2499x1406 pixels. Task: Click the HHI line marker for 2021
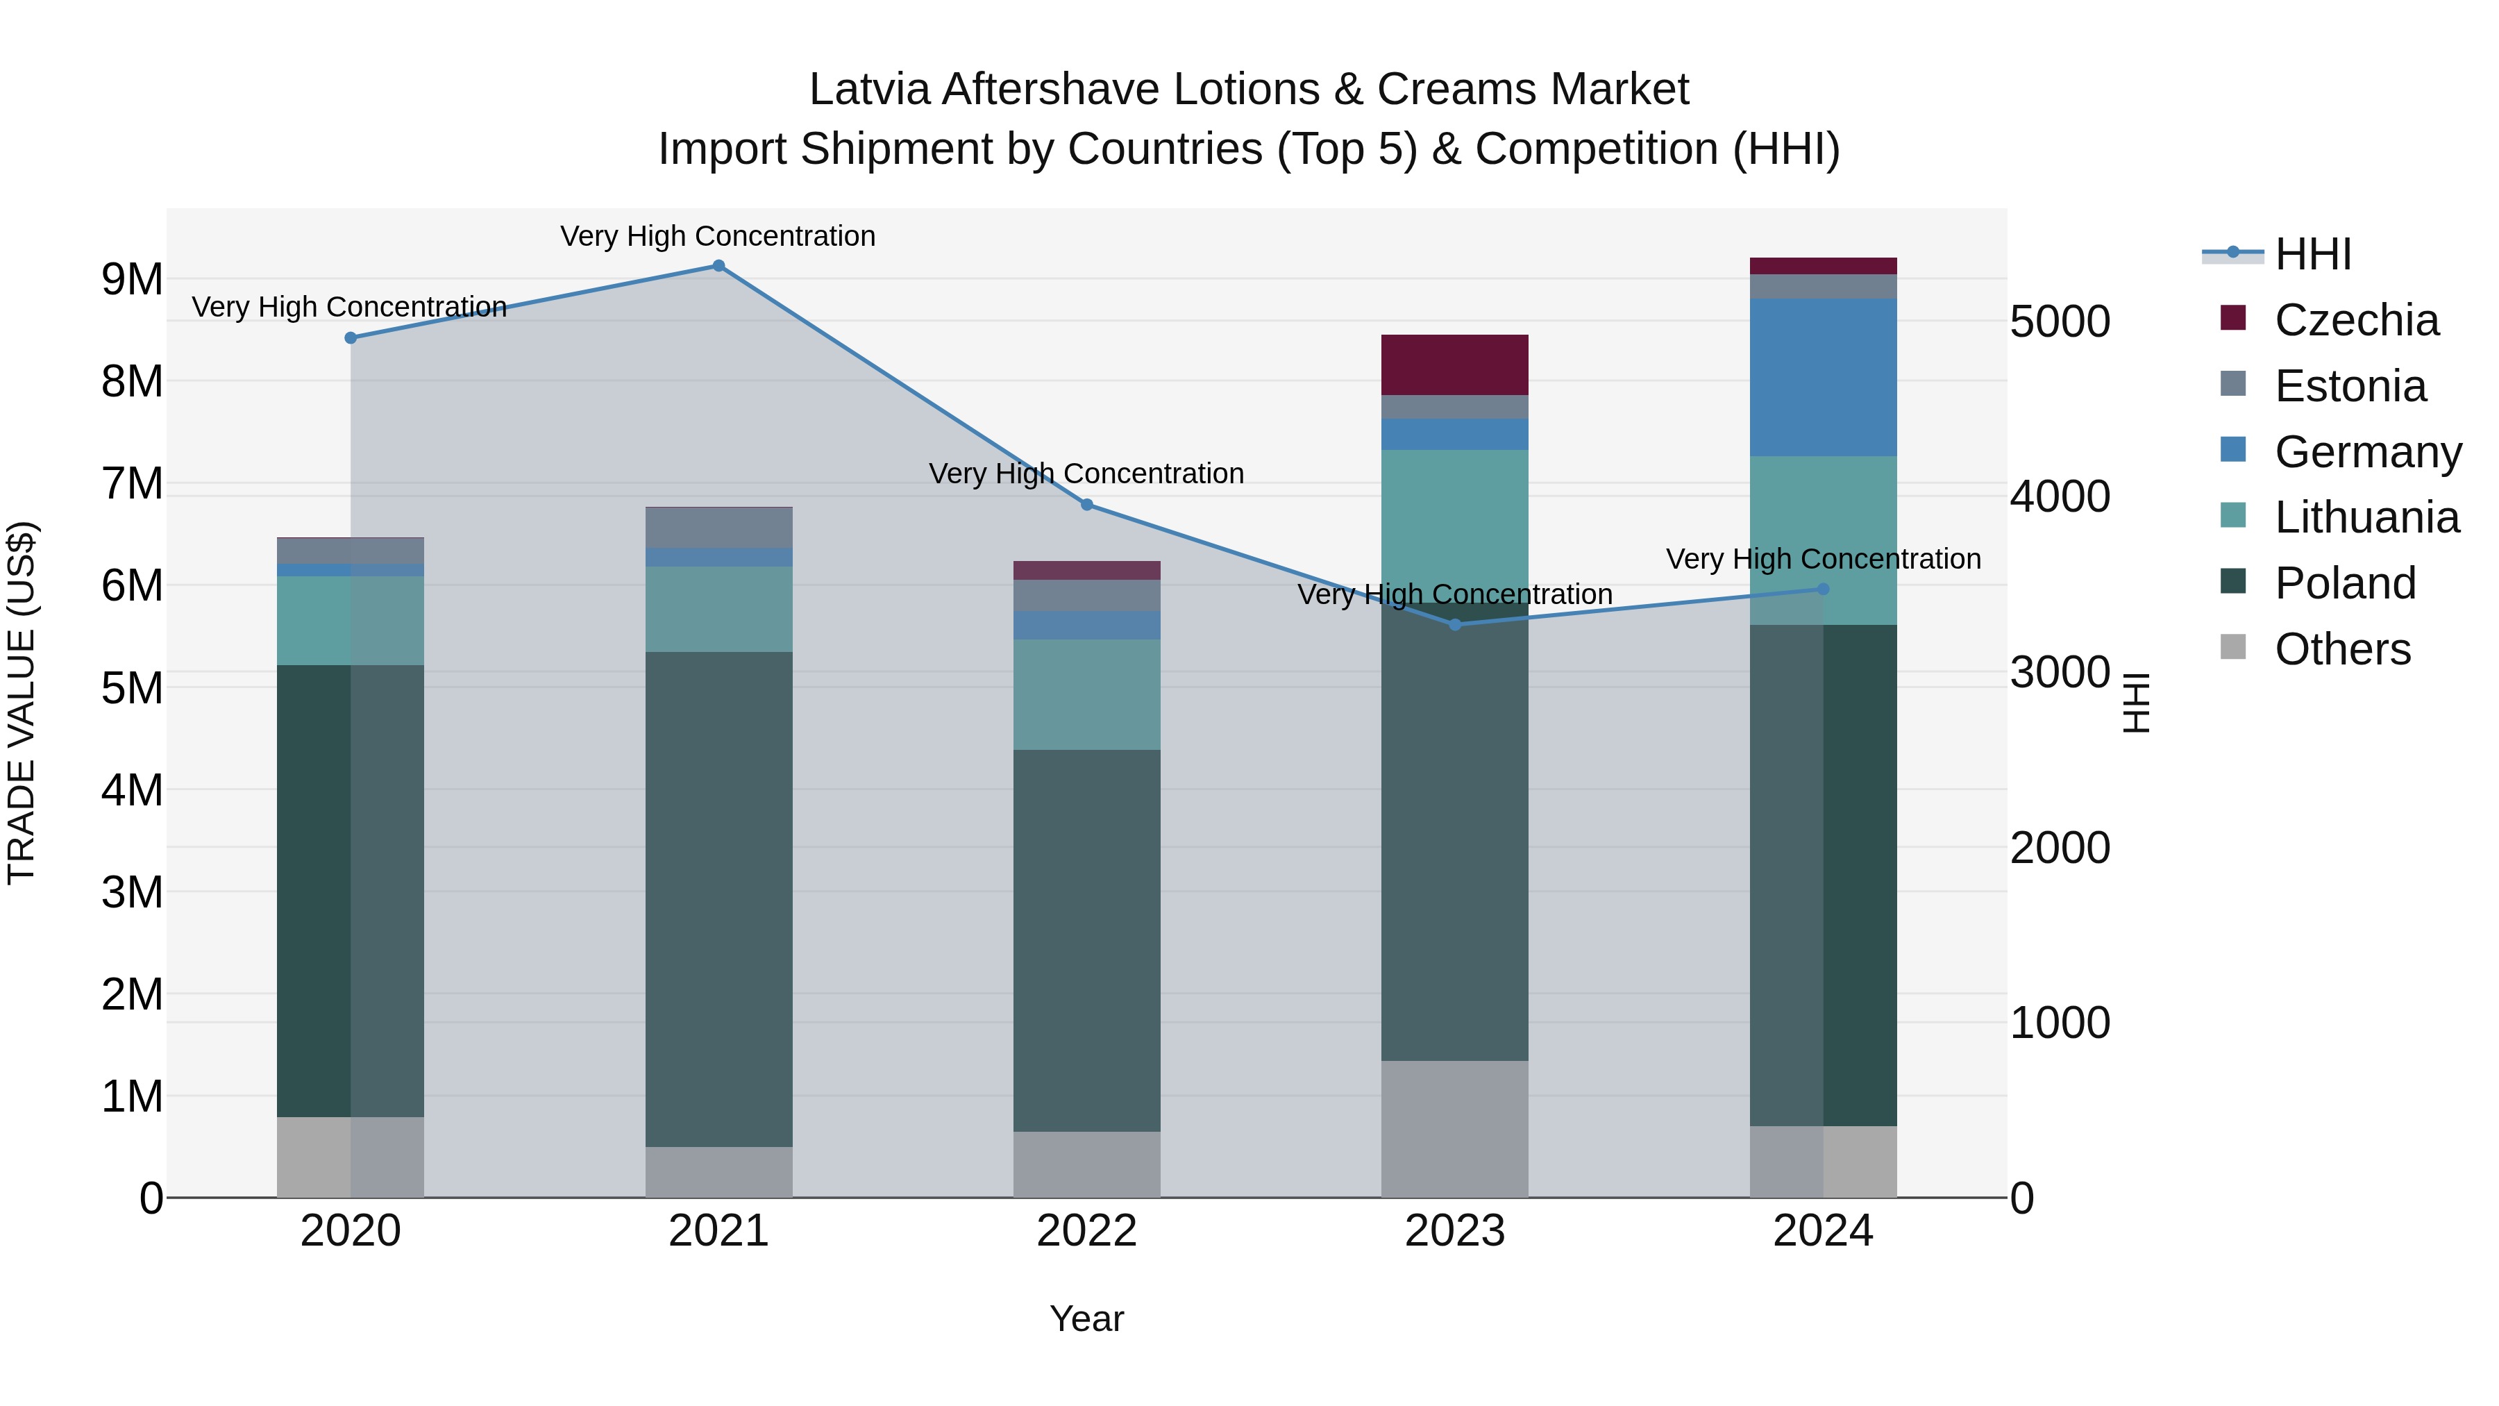[719, 266]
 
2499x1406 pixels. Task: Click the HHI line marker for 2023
[1454, 625]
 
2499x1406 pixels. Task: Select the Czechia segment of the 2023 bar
[1454, 365]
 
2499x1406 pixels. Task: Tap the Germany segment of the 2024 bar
[1823, 378]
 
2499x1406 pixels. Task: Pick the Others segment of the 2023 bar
[1454, 1128]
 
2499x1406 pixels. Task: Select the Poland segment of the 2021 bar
[719, 899]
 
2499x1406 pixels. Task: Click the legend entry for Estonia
[2350, 386]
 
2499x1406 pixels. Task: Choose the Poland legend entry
[2345, 583]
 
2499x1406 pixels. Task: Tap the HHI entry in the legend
[2313, 254]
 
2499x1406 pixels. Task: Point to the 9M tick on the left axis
[133, 279]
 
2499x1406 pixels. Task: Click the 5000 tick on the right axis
[2060, 321]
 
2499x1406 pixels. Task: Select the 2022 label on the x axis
[1086, 1231]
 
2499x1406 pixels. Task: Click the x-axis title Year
[1086, 1319]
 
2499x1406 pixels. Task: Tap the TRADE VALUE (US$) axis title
[22, 703]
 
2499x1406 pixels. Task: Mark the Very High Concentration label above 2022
[1086, 474]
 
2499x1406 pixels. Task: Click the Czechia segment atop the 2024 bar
[1823, 266]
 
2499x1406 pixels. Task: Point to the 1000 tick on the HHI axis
[2060, 1023]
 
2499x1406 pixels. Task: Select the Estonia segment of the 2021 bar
[719, 528]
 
